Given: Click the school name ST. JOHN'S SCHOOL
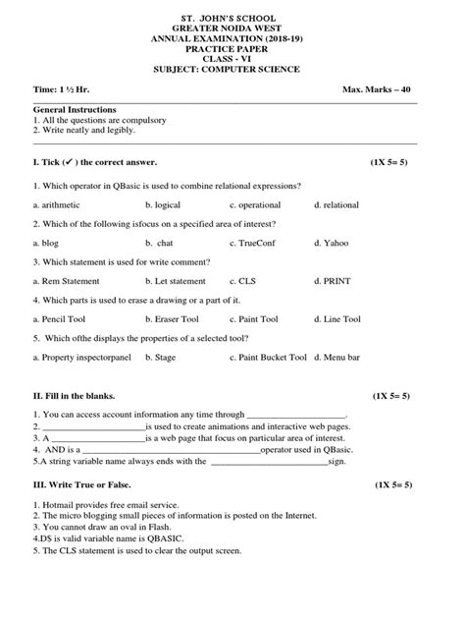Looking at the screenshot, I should tap(233, 17).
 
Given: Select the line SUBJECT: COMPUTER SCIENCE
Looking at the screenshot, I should tap(233, 69).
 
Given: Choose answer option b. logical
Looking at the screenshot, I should tap(163, 204).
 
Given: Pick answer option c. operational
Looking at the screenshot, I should tap(257, 204).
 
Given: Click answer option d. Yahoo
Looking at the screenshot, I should tap(333, 243).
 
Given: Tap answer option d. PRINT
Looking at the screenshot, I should tap(333, 281).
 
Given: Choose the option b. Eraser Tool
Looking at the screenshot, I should tap(172, 319).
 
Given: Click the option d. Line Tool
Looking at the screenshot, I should tap(337, 319).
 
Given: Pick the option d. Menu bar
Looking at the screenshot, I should tap(338, 358).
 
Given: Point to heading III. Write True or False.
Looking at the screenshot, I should tap(81, 485).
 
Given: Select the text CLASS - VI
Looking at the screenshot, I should tap(233, 58).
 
